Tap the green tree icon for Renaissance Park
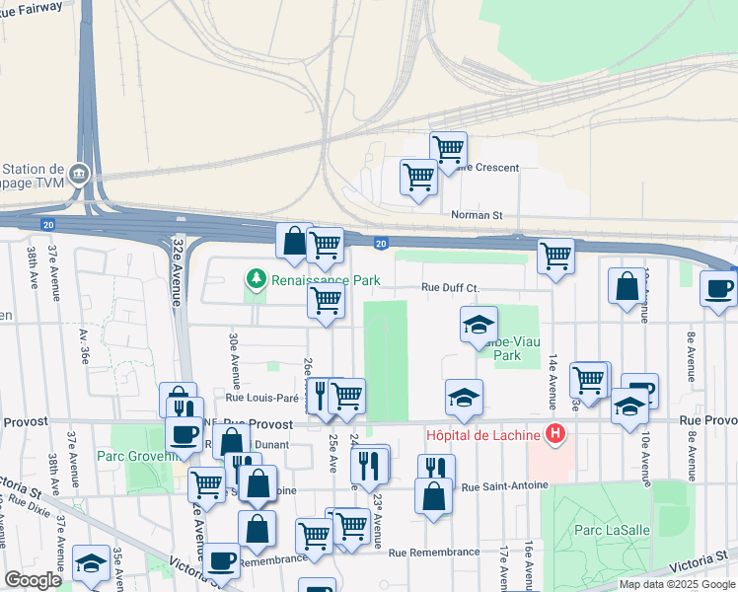click(257, 280)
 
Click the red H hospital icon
click(556, 433)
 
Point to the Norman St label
click(477, 214)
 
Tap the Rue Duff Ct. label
click(450, 288)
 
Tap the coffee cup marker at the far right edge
click(718, 288)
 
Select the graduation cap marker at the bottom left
click(92, 562)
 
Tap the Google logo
click(33, 580)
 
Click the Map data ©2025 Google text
click(677, 584)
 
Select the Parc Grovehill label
click(130, 456)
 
